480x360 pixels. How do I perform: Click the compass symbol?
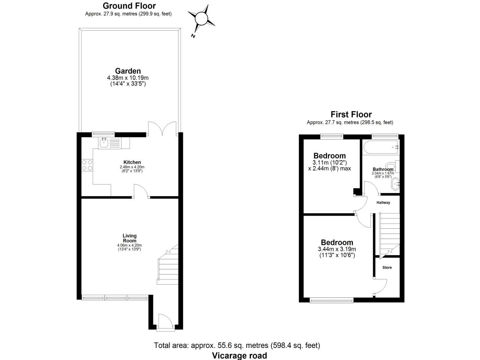(201, 18)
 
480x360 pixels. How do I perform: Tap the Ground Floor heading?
(129, 6)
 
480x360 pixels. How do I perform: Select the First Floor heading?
(351, 114)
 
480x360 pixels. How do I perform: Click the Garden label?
(128, 71)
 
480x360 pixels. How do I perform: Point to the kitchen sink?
(110, 142)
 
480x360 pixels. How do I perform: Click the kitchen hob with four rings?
(87, 165)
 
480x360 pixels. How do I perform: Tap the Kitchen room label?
(132, 162)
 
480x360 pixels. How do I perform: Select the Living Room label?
(130, 238)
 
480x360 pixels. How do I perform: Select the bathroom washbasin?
(395, 184)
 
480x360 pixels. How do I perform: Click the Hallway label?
(383, 202)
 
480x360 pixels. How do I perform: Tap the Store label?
(387, 268)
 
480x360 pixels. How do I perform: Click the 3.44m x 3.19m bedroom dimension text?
(337, 249)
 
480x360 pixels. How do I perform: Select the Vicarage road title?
(239, 355)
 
